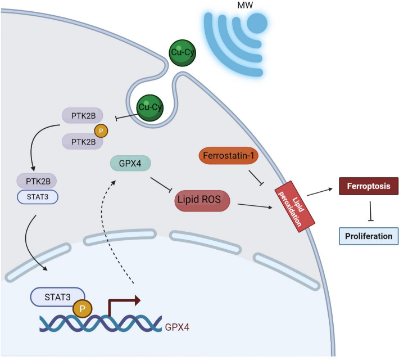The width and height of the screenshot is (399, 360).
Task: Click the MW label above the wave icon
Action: pos(245,5)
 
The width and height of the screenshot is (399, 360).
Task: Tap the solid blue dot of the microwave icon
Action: pos(257,23)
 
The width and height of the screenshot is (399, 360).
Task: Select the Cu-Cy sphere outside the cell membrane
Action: pos(183,53)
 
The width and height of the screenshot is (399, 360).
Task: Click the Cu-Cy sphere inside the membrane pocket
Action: pos(150,107)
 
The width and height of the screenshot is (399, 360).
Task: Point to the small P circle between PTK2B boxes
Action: pos(101,131)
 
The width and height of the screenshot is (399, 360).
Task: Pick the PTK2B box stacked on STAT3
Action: pos(37,181)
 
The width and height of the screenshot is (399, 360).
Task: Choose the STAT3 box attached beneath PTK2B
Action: pos(38,197)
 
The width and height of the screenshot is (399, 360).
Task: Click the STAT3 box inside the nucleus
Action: pos(57,297)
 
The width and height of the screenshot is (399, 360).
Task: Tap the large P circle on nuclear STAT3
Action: pos(82,309)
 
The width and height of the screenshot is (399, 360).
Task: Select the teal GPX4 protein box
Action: pos(130,163)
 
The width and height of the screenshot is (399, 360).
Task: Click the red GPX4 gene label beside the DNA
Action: pos(177,327)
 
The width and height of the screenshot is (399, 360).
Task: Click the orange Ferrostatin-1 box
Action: pos(229,155)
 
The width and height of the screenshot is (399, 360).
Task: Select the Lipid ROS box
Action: pos(202,201)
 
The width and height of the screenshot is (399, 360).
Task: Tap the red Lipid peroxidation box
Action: pos(295,206)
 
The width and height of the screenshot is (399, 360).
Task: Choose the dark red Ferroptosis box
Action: pos(369,186)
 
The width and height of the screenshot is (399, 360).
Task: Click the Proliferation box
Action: pos(369,236)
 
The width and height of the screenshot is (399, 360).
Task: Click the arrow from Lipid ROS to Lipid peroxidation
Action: pos(255,206)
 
